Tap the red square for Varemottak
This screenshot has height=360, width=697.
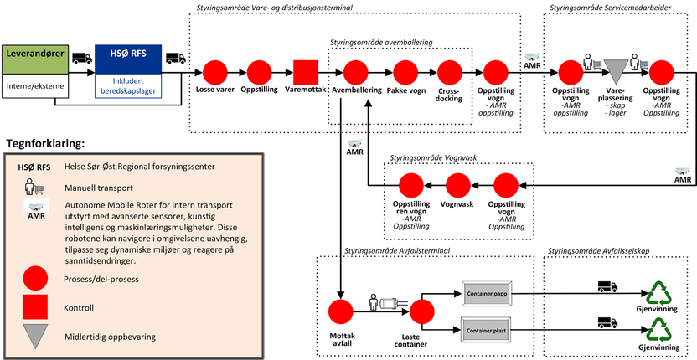pos(306,71)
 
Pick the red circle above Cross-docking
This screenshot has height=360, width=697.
pos(452,71)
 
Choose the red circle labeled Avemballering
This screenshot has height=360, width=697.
pos(353,71)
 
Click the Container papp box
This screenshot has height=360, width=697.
pos(492,294)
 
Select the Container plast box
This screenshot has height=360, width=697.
pos(492,332)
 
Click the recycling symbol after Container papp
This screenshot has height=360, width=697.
pos(658,294)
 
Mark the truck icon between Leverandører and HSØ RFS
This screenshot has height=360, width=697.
pos(81,58)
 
